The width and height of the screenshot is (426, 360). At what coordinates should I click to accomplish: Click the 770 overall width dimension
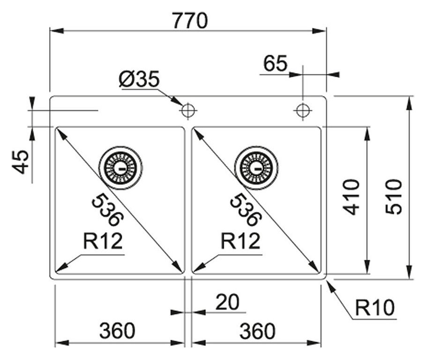point(189,21)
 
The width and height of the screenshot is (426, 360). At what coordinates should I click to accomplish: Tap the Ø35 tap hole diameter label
point(139,79)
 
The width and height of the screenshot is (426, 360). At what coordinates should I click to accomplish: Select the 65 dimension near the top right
point(275,64)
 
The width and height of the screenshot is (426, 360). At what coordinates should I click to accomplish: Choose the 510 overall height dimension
point(394,196)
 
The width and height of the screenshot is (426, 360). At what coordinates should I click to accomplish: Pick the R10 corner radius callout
point(375,308)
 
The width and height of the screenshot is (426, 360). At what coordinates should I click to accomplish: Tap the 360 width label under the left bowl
point(117,331)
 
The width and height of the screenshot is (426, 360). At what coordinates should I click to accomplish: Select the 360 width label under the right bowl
point(257,331)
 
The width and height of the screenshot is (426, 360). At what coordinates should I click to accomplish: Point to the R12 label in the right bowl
point(240,242)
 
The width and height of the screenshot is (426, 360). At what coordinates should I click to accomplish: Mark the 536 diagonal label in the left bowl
point(107,210)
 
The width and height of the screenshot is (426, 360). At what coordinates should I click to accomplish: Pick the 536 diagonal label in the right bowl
point(245,210)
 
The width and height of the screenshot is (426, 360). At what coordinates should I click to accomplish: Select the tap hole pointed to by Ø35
point(188,110)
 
